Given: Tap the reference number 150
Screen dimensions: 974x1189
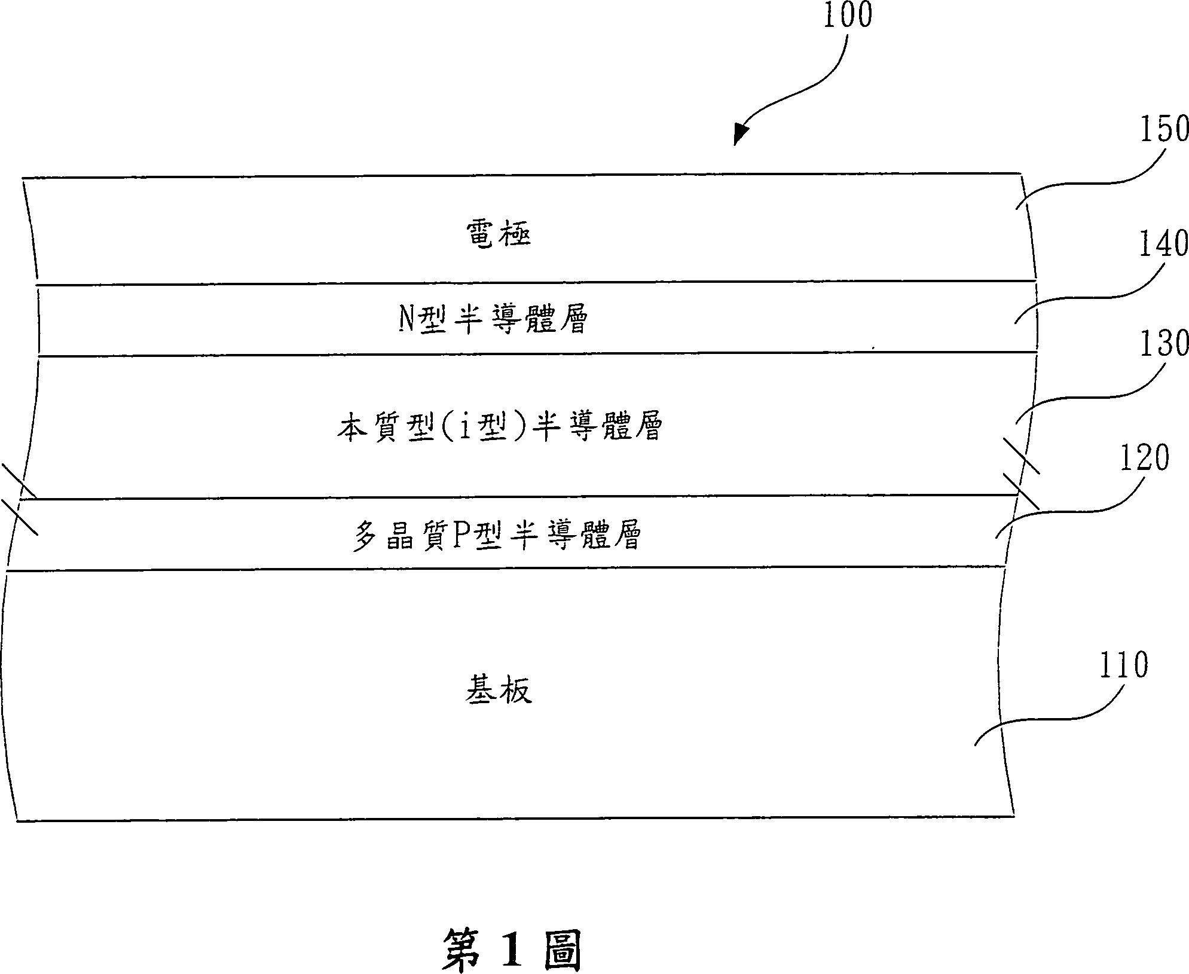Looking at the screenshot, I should pos(1164,130).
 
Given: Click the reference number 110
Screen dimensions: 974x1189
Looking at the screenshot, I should pos(1124,665).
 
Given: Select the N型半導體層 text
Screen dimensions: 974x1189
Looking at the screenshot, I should pos(493,319).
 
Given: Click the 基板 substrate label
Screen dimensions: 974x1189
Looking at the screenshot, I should pos(498,691).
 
